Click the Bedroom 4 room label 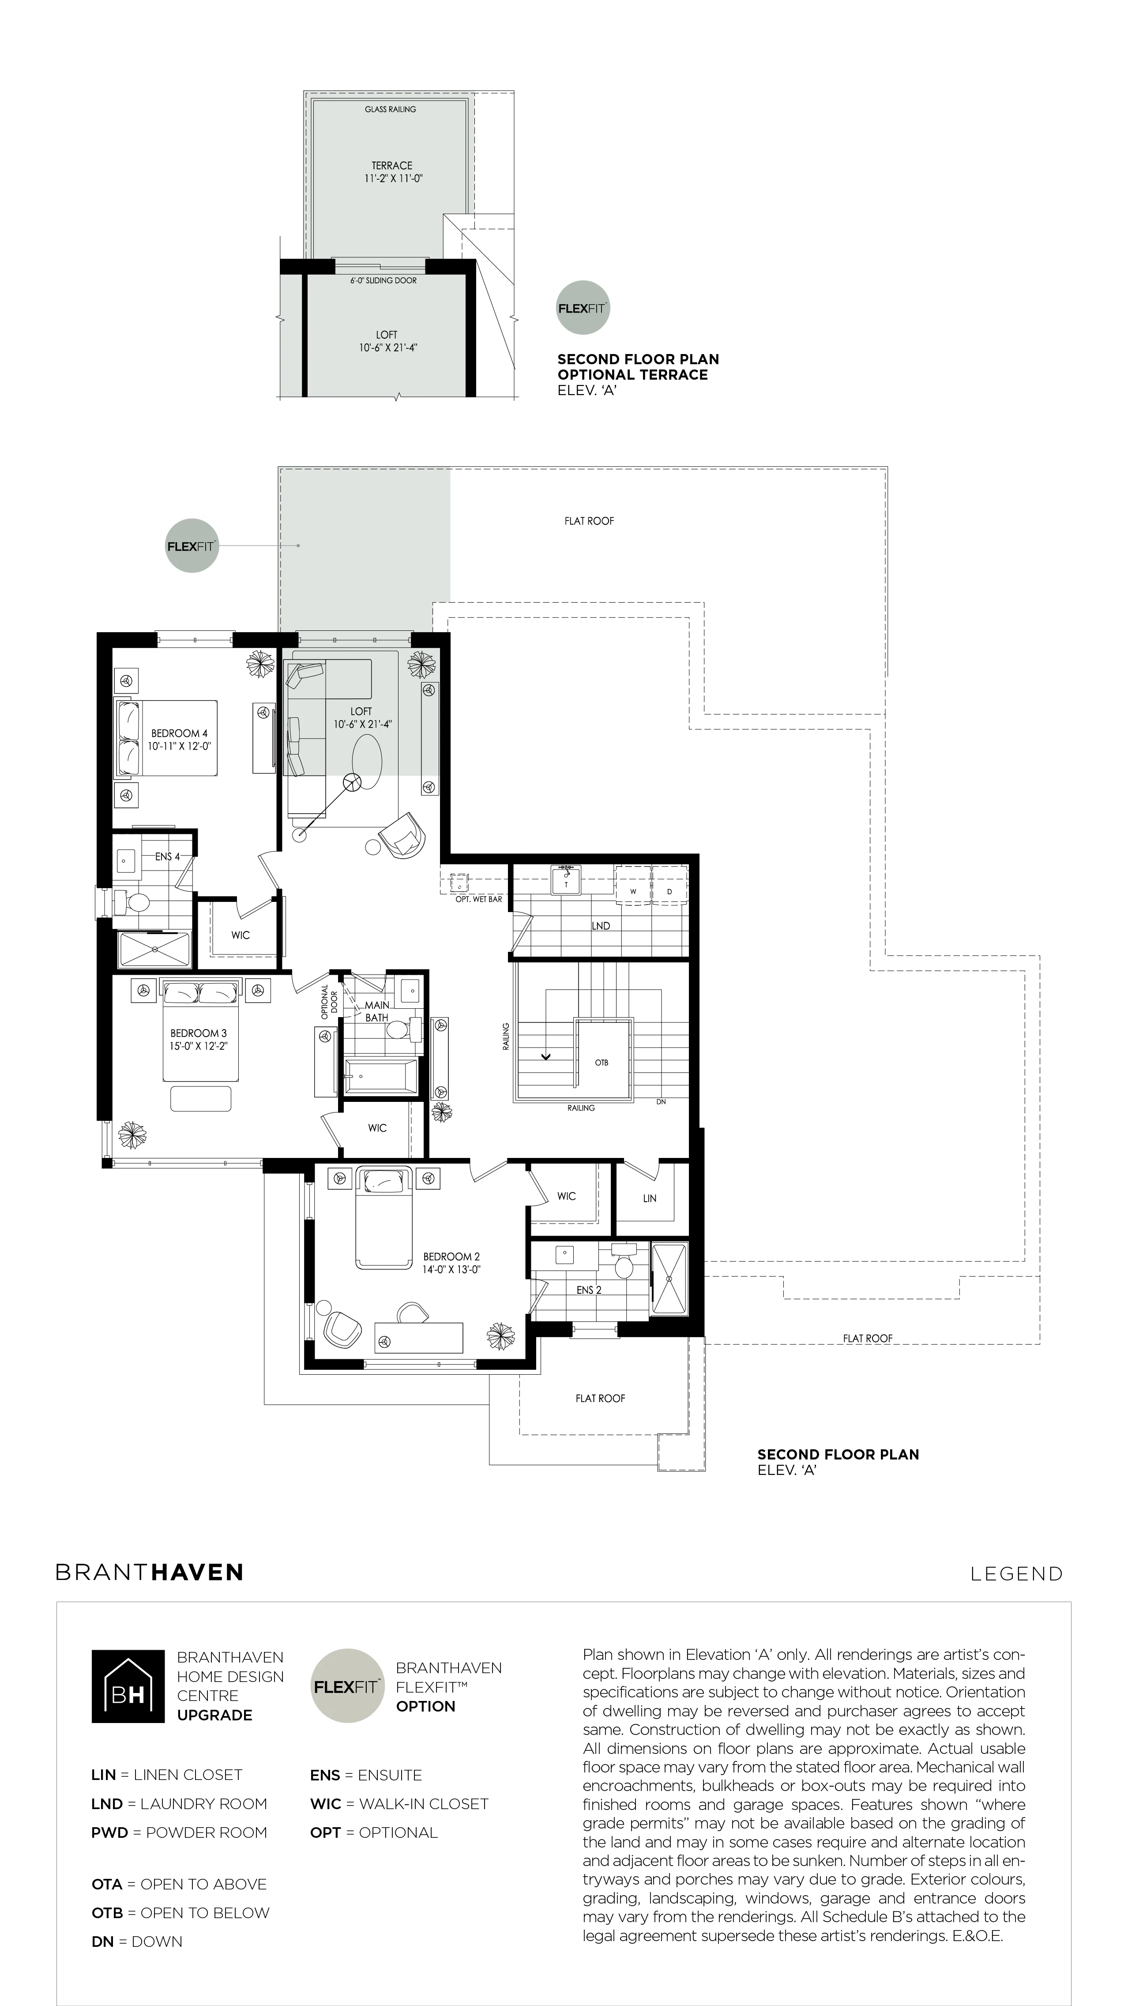[x=179, y=733]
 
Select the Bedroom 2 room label [x=451, y=1256]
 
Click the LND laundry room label [x=600, y=926]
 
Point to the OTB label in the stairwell [x=602, y=1062]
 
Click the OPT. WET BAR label [x=479, y=899]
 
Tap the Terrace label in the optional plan [x=391, y=165]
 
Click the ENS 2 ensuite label [x=589, y=1290]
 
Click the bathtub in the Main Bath [x=381, y=1076]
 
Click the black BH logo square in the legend [x=128, y=1686]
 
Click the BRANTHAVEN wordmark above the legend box [x=150, y=1572]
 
